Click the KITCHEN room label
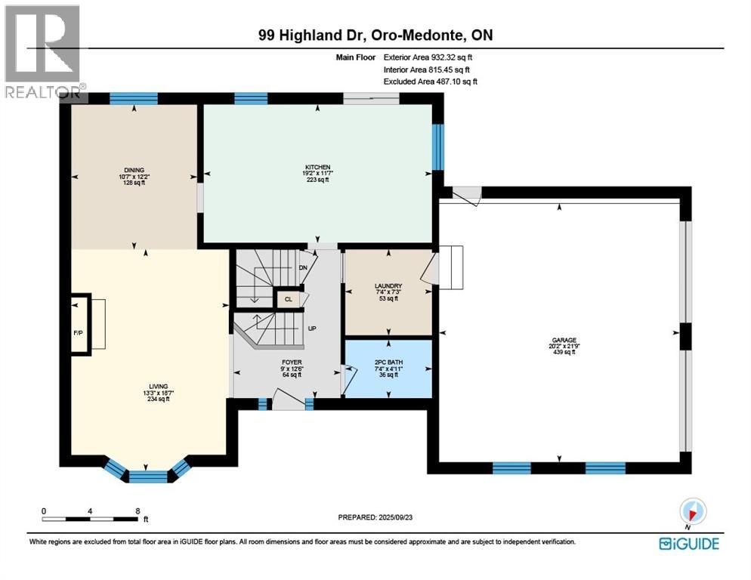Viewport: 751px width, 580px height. pyautogui.click(x=318, y=167)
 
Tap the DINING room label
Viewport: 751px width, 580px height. pyautogui.click(x=134, y=170)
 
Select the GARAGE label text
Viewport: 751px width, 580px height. pyautogui.click(x=564, y=340)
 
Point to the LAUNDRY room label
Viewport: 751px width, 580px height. pyautogui.click(x=388, y=286)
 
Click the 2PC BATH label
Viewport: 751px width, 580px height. pyautogui.click(x=388, y=362)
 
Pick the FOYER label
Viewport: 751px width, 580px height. pyautogui.click(x=292, y=362)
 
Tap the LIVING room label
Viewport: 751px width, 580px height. pyautogui.click(x=159, y=386)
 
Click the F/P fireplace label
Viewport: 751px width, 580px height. pyautogui.click(x=78, y=332)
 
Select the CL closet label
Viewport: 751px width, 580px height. pyautogui.click(x=289, y=299)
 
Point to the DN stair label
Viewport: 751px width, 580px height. pyautogui.click(x=303, y=268)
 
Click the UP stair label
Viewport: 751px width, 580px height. pyautogui.click(x=312, y=329)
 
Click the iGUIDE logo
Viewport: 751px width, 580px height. pyautogui.click(x=689, y=544)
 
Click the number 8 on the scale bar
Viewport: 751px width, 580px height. pyautogui.click(x=138, y=511)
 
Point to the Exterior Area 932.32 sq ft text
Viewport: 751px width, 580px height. pyautogui.click(x=428, y=57)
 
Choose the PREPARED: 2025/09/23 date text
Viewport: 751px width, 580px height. pyautogui.click(x=375, y=517)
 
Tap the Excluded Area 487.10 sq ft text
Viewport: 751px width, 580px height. pyautogui.click(x=430, y=82)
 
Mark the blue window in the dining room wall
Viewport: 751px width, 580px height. pyautogui.click(x=134, y=98)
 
